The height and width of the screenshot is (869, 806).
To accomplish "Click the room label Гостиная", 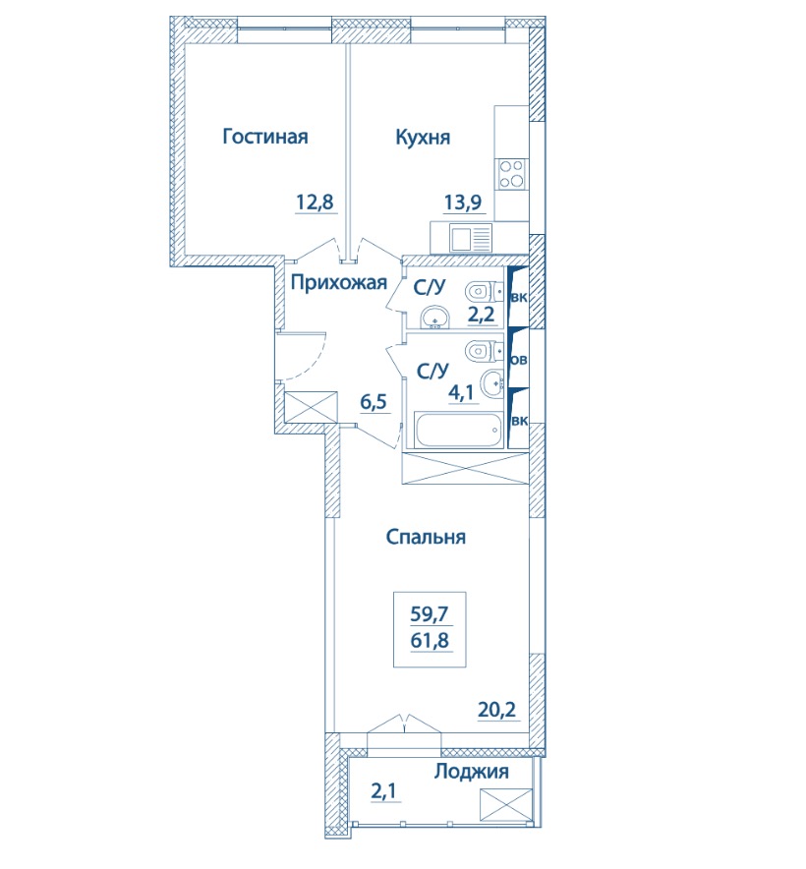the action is click(265, 137).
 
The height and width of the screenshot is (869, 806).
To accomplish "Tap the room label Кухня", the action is click(423, 137).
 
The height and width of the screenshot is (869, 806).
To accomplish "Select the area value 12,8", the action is click(315, 203).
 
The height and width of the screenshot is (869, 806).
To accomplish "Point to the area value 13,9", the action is click(462, 203).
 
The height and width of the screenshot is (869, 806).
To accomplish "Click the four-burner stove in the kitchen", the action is click(511, 173).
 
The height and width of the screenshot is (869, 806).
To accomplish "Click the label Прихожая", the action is click(339, 283).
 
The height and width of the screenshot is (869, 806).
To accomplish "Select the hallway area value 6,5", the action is click(374, 402).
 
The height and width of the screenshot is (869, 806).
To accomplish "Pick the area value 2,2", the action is click(482, 315).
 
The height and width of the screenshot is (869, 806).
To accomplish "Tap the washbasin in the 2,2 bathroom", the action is click(434, 318).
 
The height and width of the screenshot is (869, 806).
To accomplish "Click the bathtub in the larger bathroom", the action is click(458, 429).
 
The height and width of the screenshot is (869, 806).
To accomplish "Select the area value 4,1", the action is click(461, 393).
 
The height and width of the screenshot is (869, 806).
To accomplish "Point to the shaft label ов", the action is click(519, 360).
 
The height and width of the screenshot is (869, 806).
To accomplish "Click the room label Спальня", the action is click(426, 537).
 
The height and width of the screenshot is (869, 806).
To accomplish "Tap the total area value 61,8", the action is click(430, 641).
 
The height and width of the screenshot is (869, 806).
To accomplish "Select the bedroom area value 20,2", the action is click(496, 709).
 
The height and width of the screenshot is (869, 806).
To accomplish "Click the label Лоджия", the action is click(471, 772).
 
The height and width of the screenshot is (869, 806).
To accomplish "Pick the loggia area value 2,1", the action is click(383, 792).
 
